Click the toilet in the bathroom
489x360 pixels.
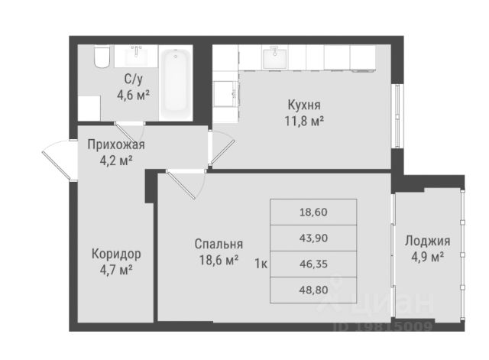pyautogui.click(x=102, y=57)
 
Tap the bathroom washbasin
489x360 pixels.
pyautogui.click(x=138, y=54)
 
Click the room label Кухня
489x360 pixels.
pyautogui.click(x=305, y=105)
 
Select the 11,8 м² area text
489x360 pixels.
pyautogui.click(x=305, y=120)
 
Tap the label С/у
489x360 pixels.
pyautogui.click(x=131, y=79)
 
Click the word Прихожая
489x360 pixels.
pyautogui.click(x=115, y=144)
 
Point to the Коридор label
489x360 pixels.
pyautogui.click(x=115, y=254)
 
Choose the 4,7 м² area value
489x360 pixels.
pyautogui.click(x=115, y=269)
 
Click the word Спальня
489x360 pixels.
pyautogui.click(x=219, y=245)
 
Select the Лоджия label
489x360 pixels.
pyautogui.click(x=427, y=241)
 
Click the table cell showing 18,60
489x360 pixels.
pyautogui.click(x=314, y=212)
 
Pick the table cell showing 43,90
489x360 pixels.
pyautogui.click(x=314, y=238)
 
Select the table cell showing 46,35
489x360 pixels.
pyautogui.click(x=314, y=264)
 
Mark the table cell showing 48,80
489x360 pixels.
pyautogui.click(x=314, y=290)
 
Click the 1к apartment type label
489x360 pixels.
pyautogui.click(x=260, y=264)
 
